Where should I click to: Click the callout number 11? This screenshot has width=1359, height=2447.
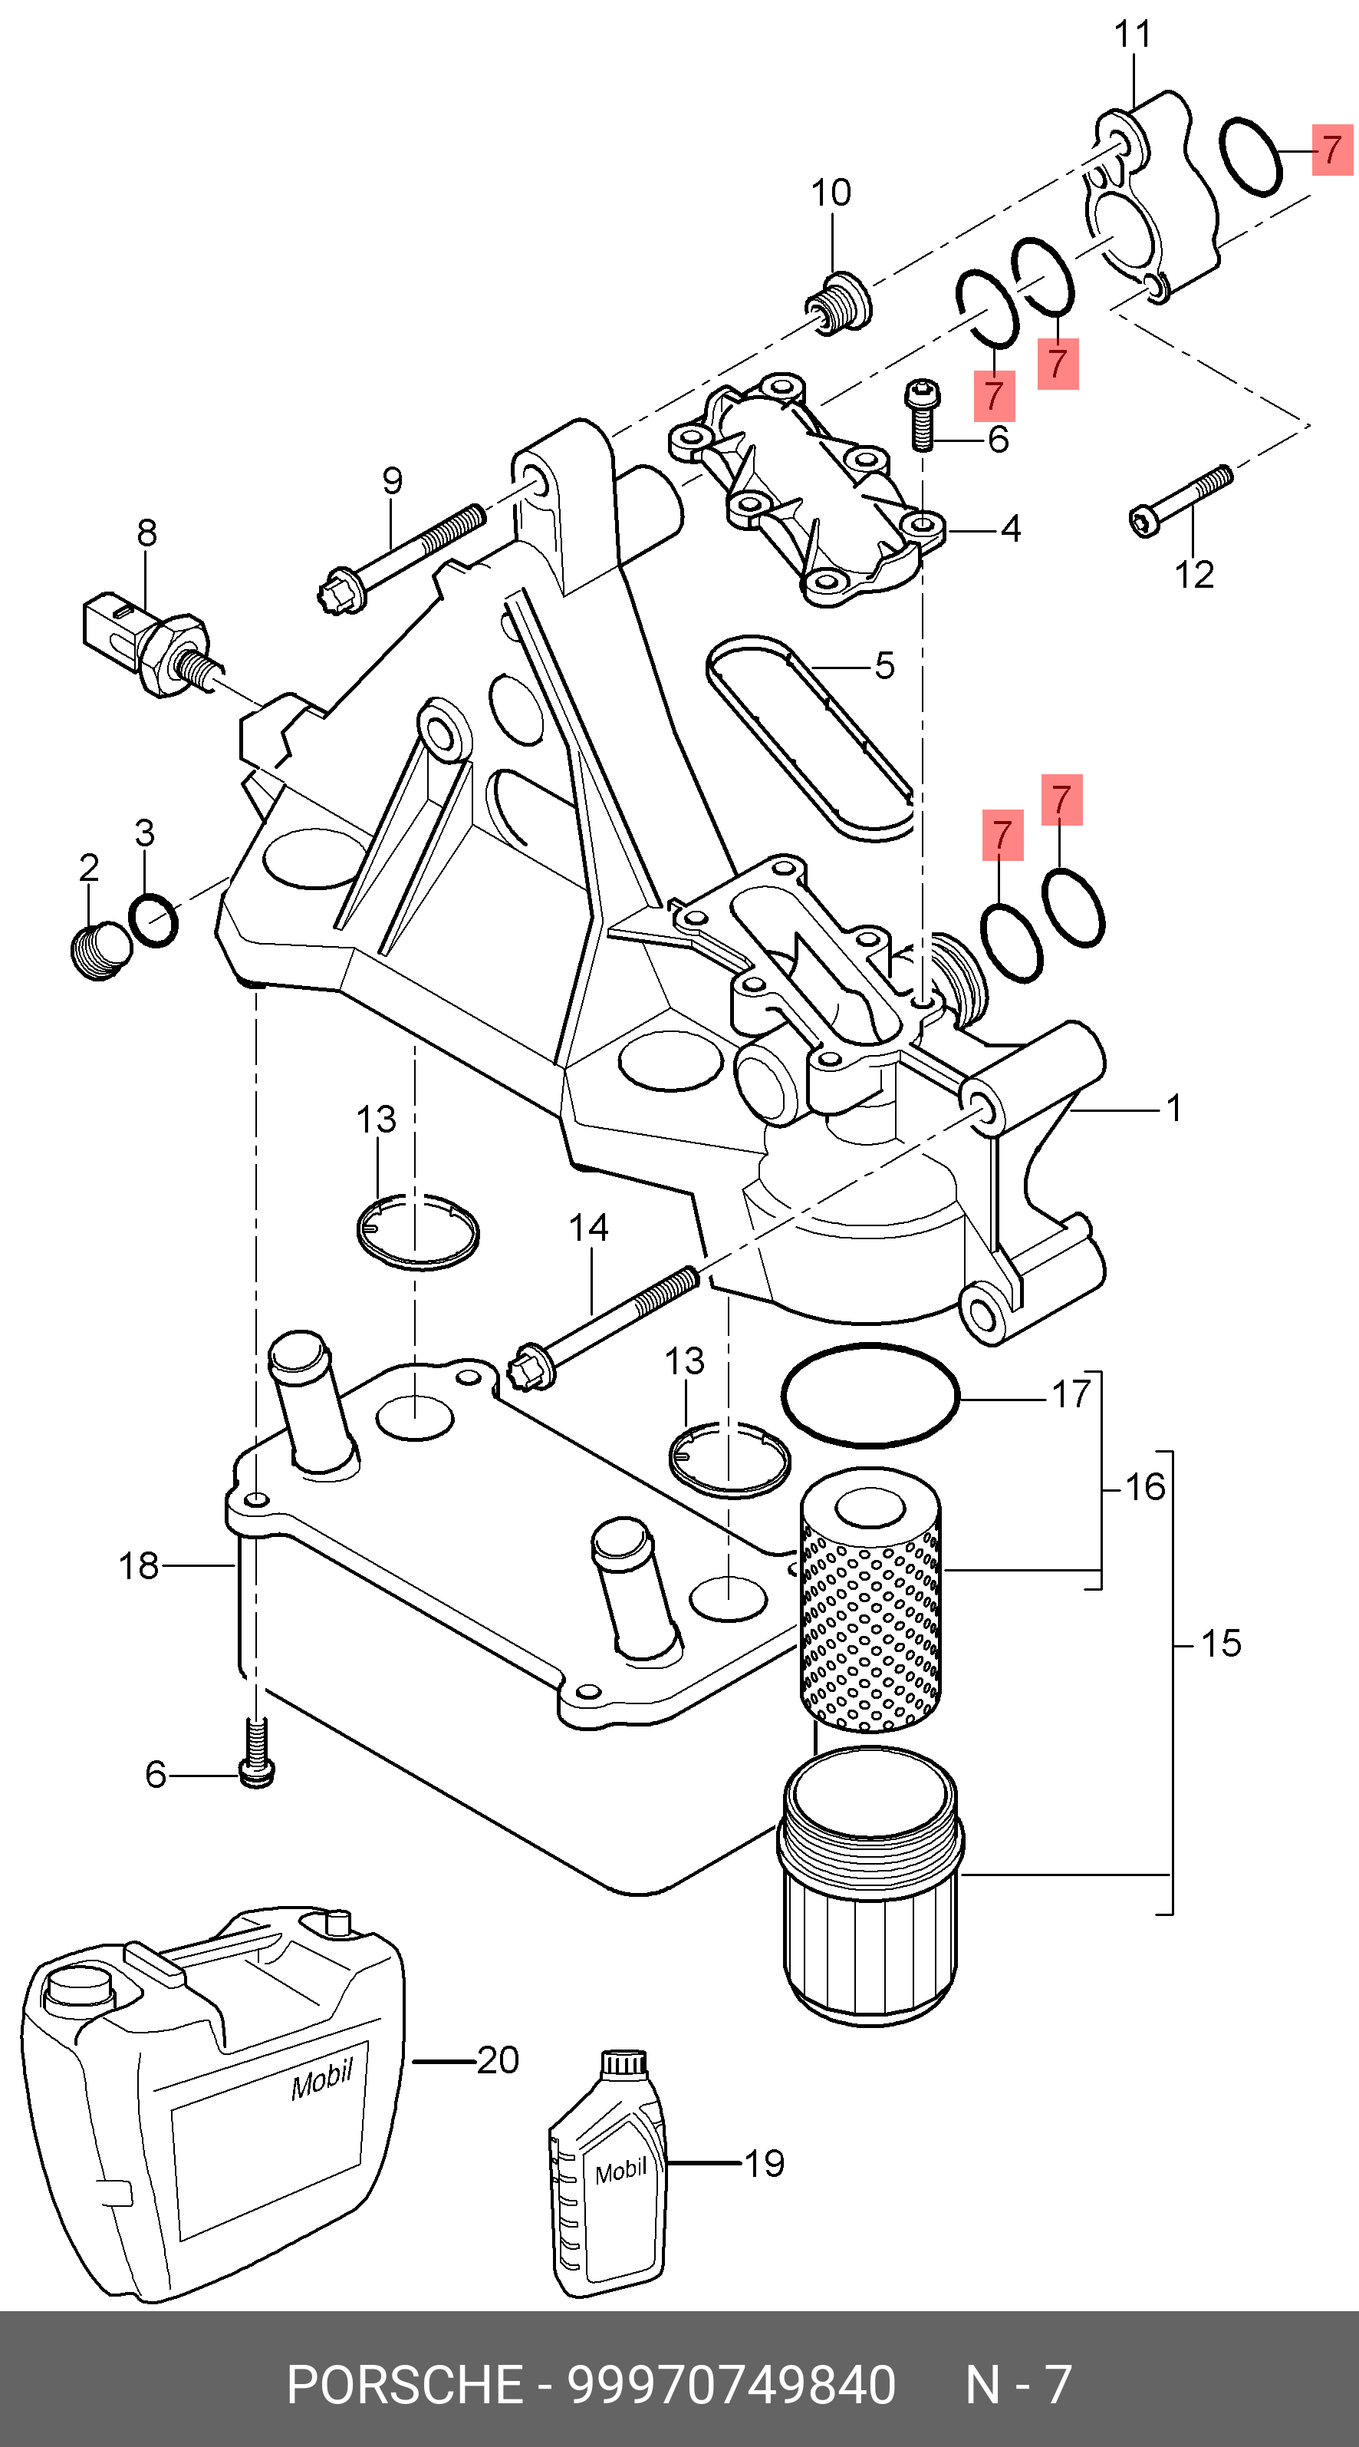pyautogui.click(x=1132, y=35)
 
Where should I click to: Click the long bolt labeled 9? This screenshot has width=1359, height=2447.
pyautogui.click(x=399, y=560)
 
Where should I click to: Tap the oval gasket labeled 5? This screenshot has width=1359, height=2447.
pyautogui.click(x=809, y=739)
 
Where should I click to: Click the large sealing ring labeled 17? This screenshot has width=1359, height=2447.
pyautogui.click(x=870, y=1396)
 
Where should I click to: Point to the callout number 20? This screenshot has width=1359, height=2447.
pyautogui.click(x=498, y=2060)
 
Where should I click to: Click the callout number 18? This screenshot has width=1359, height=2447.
pyautogui.click(x=139, y=1566)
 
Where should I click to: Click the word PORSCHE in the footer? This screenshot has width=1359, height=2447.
pyautogui.click(x=406, y=2386)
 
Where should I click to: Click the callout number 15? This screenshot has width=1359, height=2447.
pyautogui.click(x=1220, y=1644)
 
